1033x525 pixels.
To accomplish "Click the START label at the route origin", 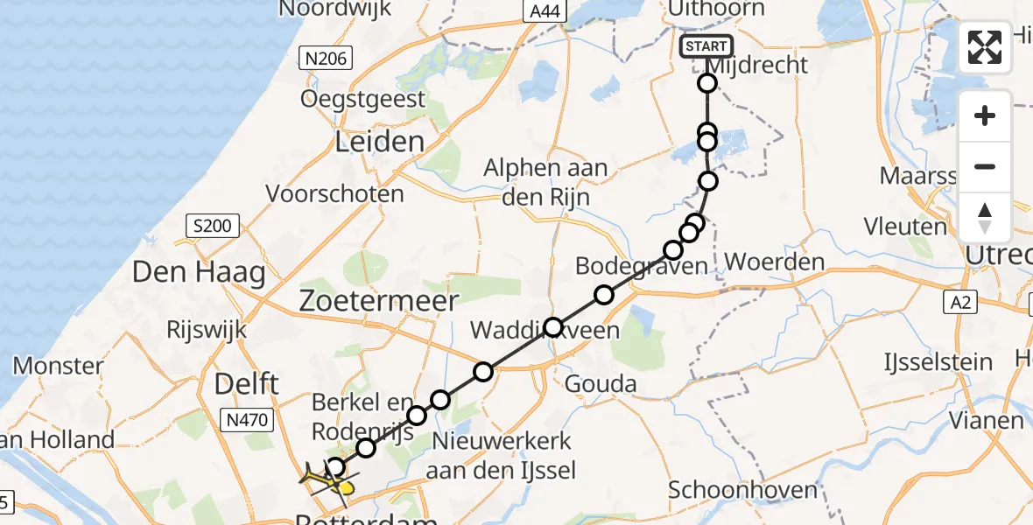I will point(706,46).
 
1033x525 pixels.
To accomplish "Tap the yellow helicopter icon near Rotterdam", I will point(327,479).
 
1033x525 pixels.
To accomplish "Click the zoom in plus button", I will point(985,116).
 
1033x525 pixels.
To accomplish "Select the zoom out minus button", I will point(985,167).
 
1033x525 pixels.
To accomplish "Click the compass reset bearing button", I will point(985,217).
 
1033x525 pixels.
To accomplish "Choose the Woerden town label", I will point(762,262).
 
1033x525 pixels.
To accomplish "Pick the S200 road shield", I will point(214,227).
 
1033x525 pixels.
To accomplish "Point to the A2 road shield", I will point(960,303).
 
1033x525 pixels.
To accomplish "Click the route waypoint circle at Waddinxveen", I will point(552,328).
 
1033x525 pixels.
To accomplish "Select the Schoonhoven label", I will point(744,490).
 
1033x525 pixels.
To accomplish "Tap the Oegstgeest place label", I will point(363,99).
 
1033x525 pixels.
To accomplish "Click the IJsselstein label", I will point(938,361).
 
